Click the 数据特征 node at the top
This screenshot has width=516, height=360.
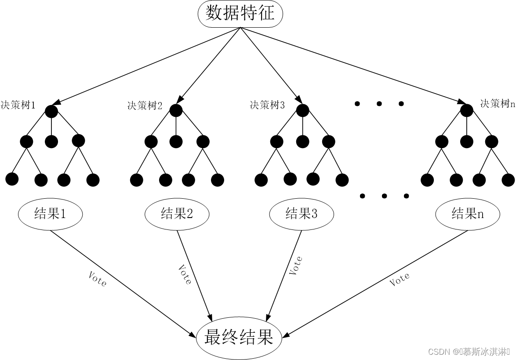[240, 14]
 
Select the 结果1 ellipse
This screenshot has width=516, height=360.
[50, 214]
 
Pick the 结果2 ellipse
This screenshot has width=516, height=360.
[177, 214]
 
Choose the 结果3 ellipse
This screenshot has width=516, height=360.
[301, 214]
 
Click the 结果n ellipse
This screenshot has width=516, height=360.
[468, 214]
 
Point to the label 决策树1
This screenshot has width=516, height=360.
[18, 105]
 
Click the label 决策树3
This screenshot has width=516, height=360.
[267, 105]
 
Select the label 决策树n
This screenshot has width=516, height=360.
[497, 104]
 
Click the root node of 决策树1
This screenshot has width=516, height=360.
[51, 111]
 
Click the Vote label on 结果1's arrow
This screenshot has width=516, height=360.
[97, 279]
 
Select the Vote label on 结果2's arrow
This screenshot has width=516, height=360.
[185, 274]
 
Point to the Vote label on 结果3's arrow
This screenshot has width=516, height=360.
[296, 265]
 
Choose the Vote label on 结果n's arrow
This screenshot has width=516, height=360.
[400, 279]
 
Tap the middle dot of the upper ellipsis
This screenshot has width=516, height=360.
[379, 104]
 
